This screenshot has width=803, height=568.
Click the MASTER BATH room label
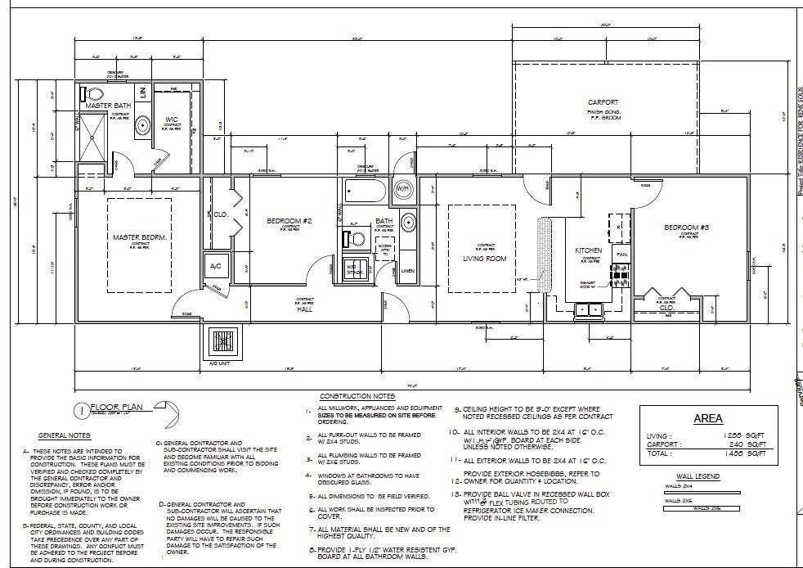110,106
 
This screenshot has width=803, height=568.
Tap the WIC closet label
172,119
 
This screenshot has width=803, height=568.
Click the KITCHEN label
589,250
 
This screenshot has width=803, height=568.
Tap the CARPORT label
604,103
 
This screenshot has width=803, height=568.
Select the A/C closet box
217,266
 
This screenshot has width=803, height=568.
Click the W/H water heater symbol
403,189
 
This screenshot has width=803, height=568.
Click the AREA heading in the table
707,418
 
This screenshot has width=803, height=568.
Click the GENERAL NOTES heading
64,435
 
